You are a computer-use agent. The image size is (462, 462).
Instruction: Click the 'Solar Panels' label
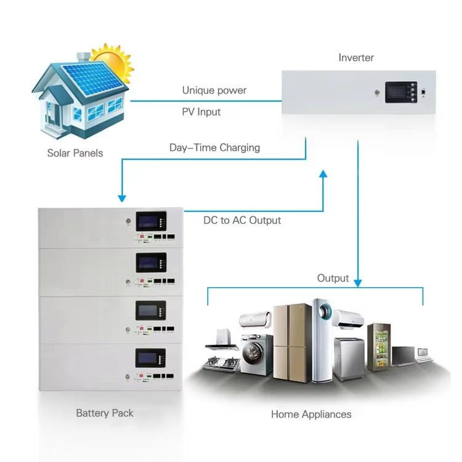pyautogui.click(x=75, y=153)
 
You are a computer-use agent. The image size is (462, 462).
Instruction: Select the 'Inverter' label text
pyautogui.click(x=356, y=58)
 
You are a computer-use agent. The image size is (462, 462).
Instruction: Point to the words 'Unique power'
pyautogui.click(x=214, y=91)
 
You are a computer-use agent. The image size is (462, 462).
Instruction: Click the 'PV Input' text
pyautogui.click(x=201, y=112)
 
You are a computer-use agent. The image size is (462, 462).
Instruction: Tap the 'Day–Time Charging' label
pyautogui.click(x=214, y=148)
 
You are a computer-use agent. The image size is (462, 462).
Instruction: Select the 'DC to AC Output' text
pyautogui.click(x=242, y=220)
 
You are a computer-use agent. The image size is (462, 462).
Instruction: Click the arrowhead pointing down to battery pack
pyautogui.click(x=122, y=198)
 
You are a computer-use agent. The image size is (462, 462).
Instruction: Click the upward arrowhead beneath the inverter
pyautogui.click(x=323, y=175)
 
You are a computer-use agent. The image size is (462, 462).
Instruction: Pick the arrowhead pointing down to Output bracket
pyautogui.click(x=358, y=282)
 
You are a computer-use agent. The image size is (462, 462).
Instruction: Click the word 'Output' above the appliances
pyautogui.click(x=333, y=278)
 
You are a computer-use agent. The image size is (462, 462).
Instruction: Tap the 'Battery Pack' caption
pyautogui.click(x=105, y=413)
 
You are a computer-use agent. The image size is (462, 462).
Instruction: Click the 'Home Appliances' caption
pyautogui.click(x=311, y=415)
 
